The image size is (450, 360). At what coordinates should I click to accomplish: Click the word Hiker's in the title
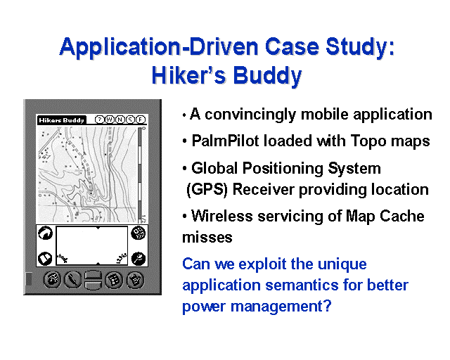[x=188, y=75]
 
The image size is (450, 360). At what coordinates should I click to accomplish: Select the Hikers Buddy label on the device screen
[x=61, y=120]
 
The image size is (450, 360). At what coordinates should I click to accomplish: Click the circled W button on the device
[x=110, y=120]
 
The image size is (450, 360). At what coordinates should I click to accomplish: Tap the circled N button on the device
[x=120, y=120]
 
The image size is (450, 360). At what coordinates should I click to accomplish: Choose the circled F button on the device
[x=141, y=120]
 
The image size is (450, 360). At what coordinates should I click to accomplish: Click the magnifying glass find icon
[x=138, y=258]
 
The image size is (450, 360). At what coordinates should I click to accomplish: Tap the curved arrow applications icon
[x=45, y=233]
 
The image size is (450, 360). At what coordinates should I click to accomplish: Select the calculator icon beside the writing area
[x=138, y=233]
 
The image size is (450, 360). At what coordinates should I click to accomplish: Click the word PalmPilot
[x=225, y=141]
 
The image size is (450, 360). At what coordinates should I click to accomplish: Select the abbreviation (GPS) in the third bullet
[x=207, y=189]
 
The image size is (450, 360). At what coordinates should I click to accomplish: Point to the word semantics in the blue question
[x=302, y=285]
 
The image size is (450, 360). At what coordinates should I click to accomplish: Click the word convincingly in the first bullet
[x=250, y=115]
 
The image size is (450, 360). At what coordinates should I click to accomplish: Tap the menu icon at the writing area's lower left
[x=45, y=258]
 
